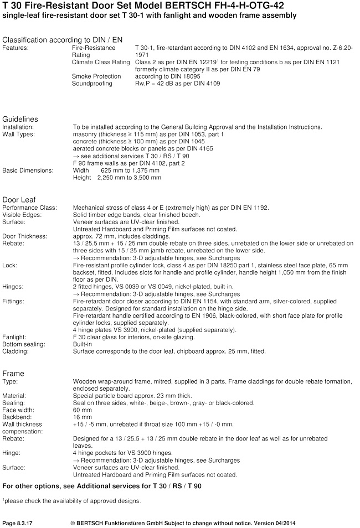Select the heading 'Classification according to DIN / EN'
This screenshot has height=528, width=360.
coord(63,40)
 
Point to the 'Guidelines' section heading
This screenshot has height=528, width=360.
coord(20,119)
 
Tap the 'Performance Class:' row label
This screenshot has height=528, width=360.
coord(30,208)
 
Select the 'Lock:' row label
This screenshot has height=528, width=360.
coord(10,265)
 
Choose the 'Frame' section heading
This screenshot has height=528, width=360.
coord(13,374)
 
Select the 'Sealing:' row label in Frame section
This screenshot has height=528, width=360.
coord(14,403)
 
